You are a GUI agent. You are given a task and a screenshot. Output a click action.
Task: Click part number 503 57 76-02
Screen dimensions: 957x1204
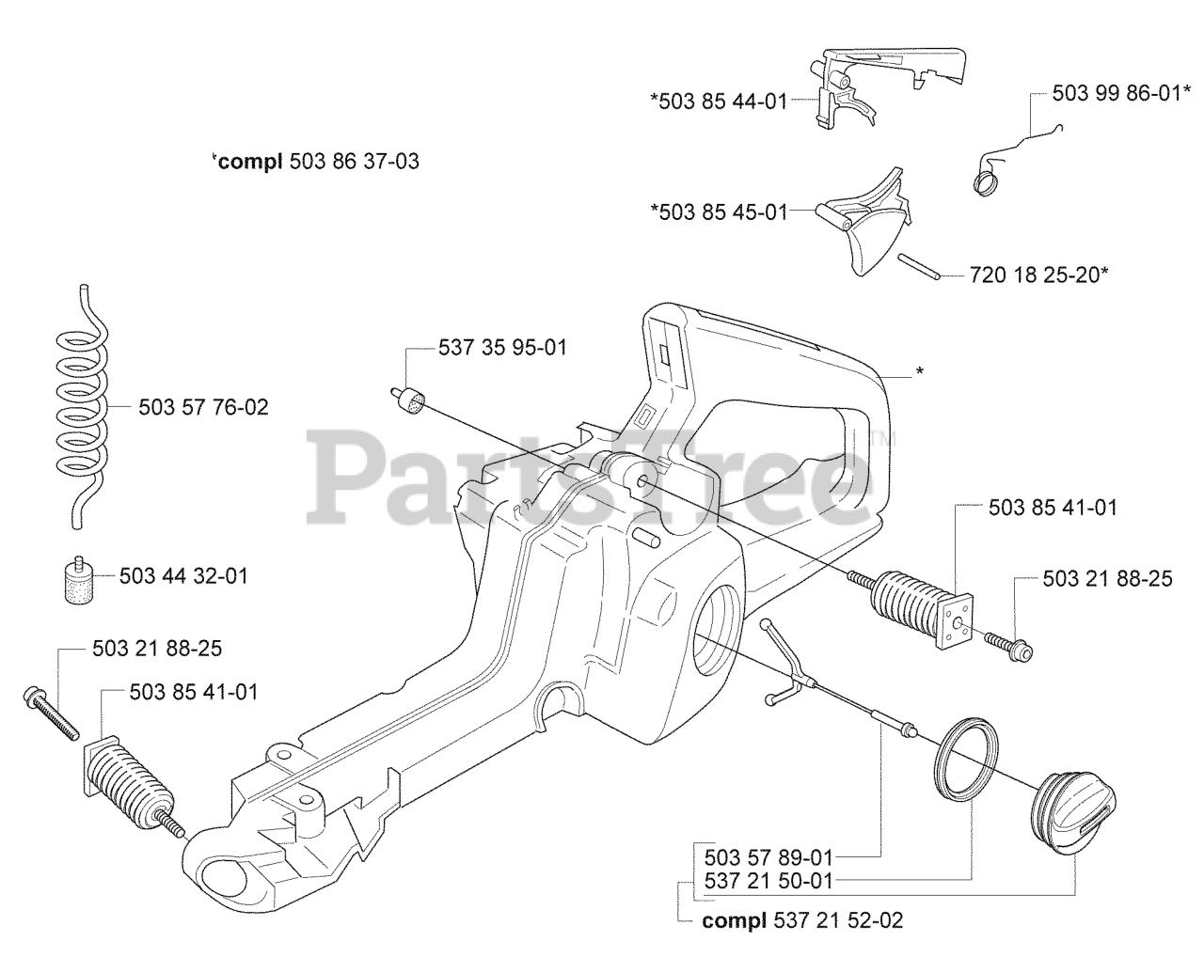[203, 407]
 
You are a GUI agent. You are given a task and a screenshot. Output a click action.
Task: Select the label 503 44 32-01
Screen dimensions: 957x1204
[183, 575]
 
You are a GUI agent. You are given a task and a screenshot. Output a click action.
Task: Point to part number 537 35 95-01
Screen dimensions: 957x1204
[502, 348]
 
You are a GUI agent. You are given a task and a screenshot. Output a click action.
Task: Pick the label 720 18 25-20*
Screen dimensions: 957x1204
[1038, 275]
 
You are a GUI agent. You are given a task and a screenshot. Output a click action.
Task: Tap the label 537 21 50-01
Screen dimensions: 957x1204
[768, 881]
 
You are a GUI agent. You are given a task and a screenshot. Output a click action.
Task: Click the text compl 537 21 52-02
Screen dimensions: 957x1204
[802, 920]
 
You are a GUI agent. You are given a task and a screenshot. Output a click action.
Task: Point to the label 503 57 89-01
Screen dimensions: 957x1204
[768, 857]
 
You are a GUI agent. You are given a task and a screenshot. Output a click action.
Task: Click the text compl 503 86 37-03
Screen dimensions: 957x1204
[316, 161]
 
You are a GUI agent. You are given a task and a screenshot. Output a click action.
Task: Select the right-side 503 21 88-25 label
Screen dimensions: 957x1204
[1107, 578]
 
